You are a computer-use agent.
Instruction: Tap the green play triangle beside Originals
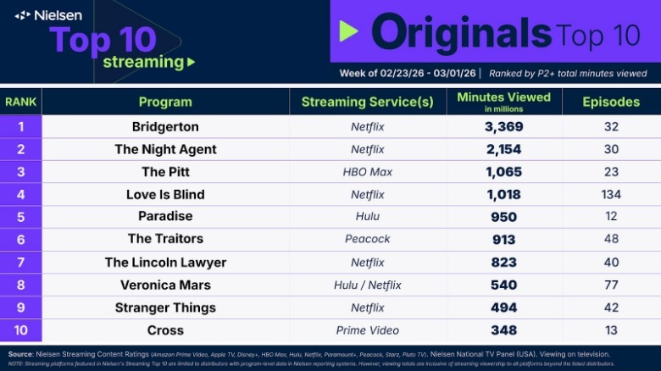coord(348,31)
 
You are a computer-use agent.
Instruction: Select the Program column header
coord(165,102)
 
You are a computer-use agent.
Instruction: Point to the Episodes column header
coord(611,102)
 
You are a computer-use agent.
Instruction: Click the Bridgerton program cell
coord(165,127)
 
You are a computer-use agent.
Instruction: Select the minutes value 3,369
coord(503,127)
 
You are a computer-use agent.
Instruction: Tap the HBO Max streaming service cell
coord(367,172)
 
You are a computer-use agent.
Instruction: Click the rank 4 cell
coord(20,195)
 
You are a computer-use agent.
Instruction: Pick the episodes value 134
coord(611,195)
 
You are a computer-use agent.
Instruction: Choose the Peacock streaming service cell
coord(367,240)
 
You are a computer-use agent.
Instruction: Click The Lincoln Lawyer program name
coord(165,263)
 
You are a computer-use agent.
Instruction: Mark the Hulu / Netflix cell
coord(367,285)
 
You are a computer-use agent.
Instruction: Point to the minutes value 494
coord(503,307)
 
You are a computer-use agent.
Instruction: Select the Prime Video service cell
coord(367,330)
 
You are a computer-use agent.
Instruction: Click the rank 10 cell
coord(20,330)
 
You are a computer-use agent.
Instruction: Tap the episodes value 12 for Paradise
coord(611,217)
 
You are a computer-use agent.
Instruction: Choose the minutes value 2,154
coord(503,149)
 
